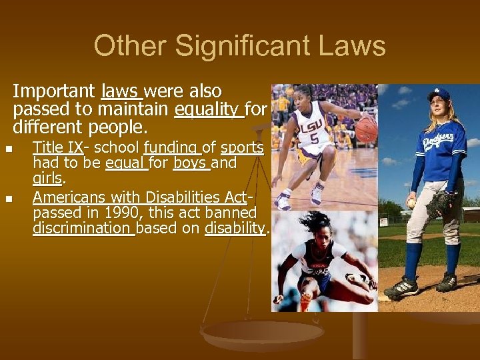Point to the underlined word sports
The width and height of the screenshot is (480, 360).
pos(242,147)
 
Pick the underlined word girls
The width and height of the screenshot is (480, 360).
pos(47,179)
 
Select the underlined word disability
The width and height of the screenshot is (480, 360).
pos(235,229)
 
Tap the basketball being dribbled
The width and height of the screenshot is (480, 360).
pos(366,129)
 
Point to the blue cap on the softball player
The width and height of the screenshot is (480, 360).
pos(439,94)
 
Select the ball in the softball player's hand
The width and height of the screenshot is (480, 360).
pos(411,203)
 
